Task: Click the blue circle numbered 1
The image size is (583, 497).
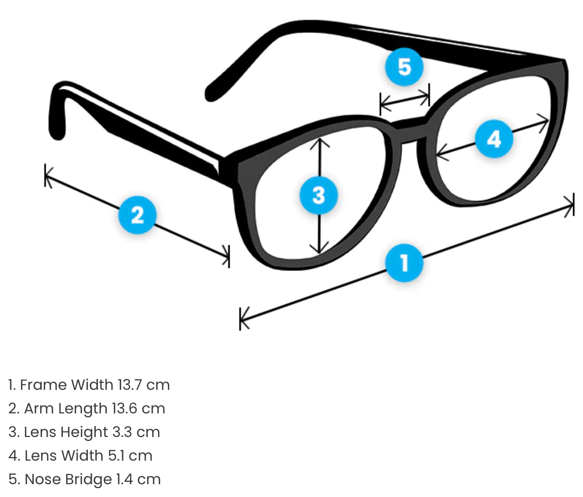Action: tap(404, 263)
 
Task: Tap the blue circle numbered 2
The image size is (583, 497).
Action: tap(137, 215)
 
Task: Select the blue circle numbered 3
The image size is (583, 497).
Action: tap(319, 195)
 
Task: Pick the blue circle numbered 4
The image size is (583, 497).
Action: tap(494, 139)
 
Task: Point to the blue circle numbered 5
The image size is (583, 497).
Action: tap(404, 66)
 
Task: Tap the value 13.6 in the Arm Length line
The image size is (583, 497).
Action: tap(125, 409)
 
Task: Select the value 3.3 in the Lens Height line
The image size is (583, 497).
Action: tap(122, 432)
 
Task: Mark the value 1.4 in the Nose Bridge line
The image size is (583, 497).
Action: tap(125, 479)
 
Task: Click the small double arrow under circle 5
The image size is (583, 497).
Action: tap(405, 100)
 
